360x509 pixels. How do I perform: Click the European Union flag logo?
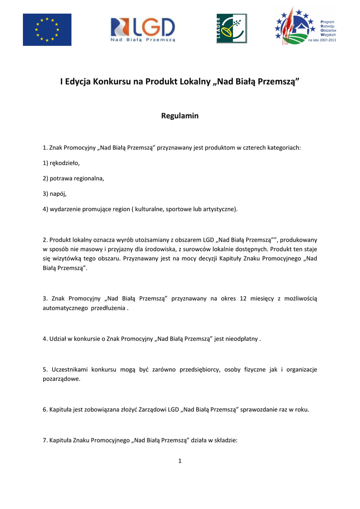[x=47, y=29]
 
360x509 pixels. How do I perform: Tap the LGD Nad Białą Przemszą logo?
[x=143, y=29]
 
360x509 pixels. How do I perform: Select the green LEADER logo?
[x=231, y=28]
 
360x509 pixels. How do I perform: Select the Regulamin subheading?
[x=180, y=116]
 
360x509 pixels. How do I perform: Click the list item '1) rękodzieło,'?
[x=61, y=163]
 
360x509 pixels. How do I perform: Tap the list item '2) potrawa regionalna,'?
[x=74, y=178]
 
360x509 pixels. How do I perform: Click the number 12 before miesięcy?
[x=243, y=298]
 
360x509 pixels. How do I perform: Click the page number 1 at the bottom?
[x=180, y=461]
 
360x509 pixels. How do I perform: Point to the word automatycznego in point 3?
[x=65, y=308]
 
